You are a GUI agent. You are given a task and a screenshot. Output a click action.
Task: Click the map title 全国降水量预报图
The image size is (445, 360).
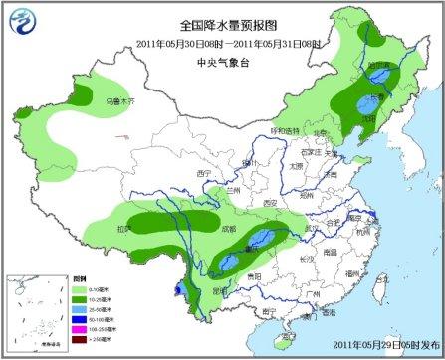pos(223,26)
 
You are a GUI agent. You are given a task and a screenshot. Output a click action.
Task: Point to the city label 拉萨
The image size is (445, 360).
pos(122,229)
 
